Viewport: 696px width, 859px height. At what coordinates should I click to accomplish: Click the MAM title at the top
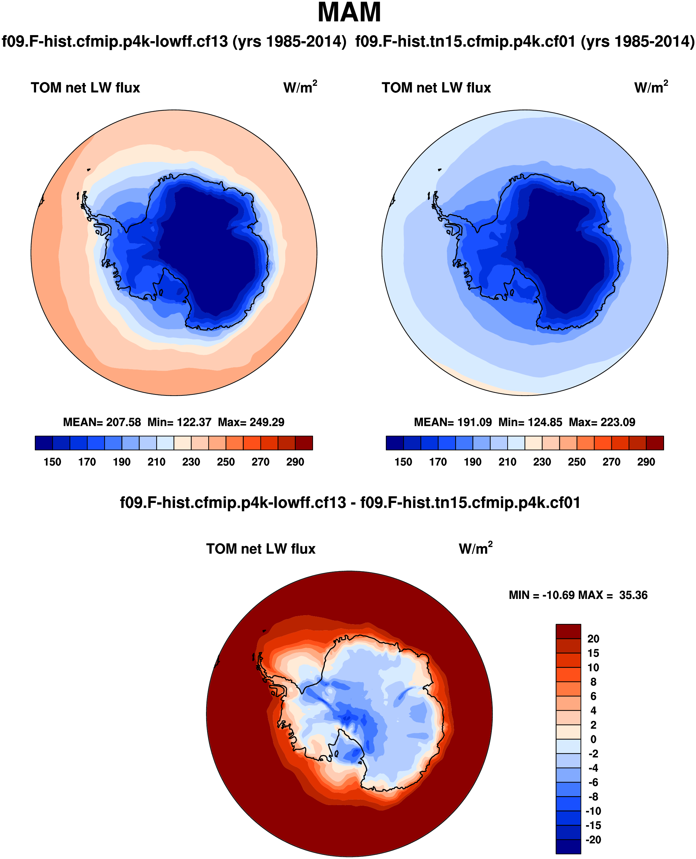[349, 13]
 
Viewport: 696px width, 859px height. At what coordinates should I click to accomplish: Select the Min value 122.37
[194, 422]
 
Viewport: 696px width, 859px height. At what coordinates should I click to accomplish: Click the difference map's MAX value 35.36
[633, 595]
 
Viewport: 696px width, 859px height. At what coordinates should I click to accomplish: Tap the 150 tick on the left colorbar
[52, 462]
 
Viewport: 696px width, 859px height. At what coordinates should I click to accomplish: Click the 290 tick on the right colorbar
[646, 462]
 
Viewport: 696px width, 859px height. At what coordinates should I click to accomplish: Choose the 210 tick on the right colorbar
[507, 462]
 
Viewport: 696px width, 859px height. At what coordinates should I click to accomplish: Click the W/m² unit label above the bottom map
[476, 548]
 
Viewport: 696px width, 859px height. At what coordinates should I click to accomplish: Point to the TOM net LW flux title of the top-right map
[436, 88]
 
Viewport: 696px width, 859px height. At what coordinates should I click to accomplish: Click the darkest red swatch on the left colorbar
[304, 443]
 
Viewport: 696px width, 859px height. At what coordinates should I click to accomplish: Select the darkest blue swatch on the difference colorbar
[568, 847]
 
